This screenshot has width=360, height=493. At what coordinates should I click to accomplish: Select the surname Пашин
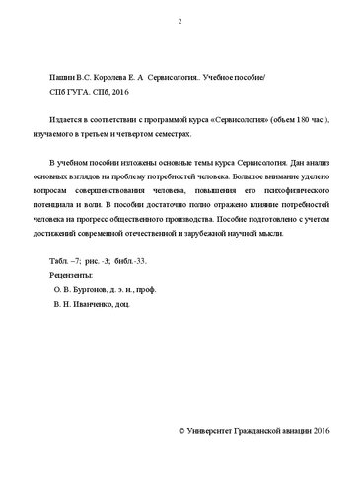62,76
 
